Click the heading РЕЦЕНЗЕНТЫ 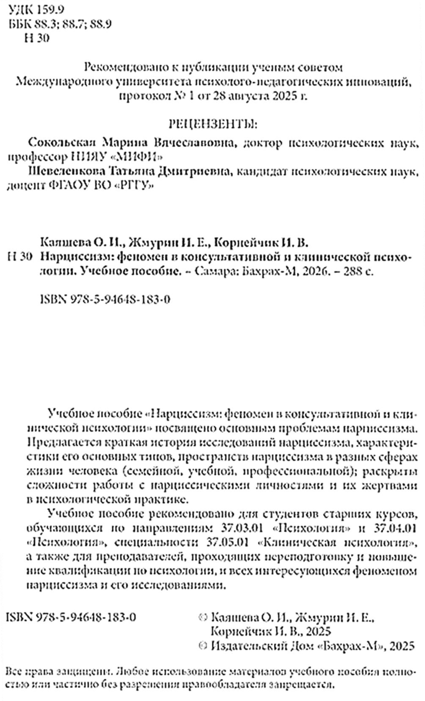pyautogui.click(x=213, y=125)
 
